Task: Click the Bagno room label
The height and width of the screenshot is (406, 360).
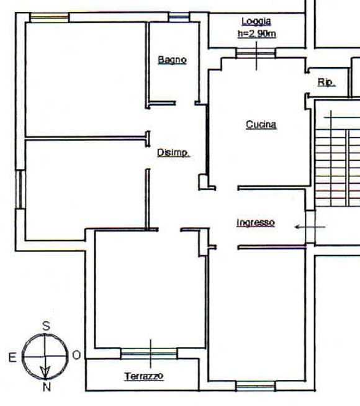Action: click(172, 60)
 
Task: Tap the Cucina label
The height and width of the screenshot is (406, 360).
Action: click(261, 125)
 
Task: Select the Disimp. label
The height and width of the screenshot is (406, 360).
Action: click(173, 153)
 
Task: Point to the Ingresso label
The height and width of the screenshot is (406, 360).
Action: click(255, 222)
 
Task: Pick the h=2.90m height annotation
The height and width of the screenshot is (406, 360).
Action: click(256, 34)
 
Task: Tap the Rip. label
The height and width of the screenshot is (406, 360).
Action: click(325, 82)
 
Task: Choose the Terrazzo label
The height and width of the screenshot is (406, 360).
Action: click(143, 376)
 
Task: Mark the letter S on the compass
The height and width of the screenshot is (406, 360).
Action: click(45, 325)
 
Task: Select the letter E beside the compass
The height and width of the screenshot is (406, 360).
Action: click(12, 356)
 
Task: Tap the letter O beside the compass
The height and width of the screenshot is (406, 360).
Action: click(76, 356)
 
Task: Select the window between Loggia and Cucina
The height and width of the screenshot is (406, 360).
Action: click(256, 54)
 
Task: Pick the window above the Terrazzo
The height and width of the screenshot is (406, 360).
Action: click(149, 353)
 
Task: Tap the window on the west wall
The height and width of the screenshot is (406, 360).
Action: click(20, 189)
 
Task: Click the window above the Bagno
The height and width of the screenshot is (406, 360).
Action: click(178, 17)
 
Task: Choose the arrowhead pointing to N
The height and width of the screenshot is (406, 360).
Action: click(45, 372)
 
